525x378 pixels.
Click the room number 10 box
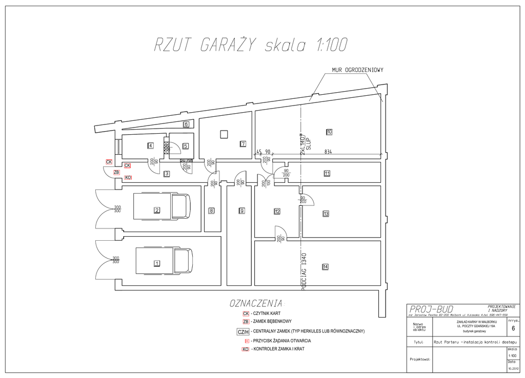[329, 132]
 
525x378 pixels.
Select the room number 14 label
[325, 266]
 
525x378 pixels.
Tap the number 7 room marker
[243, 144]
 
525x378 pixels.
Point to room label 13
[326, 214]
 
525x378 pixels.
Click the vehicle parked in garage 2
[161, 206]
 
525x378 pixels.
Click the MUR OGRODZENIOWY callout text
[357, 70]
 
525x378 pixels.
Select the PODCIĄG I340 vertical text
[304, 272]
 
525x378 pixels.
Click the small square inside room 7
[224, 134]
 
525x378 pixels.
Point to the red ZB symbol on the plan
[116, 173]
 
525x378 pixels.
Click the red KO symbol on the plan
[128, 178]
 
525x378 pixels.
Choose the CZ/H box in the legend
[243, 332]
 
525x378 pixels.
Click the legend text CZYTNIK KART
[267, 313]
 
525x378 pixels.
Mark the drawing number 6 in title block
[513, 329]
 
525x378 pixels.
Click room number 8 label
[211, 210]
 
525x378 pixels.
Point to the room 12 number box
[277, 211]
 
